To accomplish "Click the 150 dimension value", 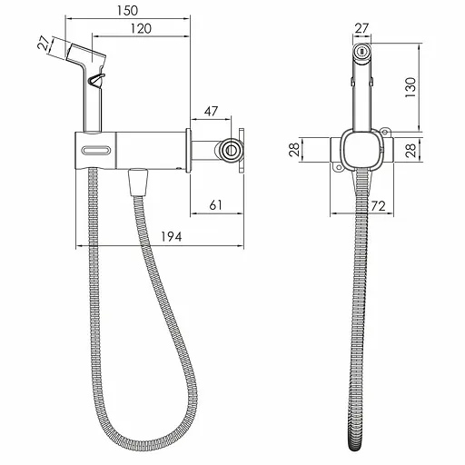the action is (x=127, y=11).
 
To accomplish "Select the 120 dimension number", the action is (x=141, y=29).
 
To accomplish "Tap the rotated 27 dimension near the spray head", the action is (x=44, y=43).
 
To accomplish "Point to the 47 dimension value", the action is (x=211, y=111).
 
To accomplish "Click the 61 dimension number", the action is (x=215, y=205).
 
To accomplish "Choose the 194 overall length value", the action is (x=172, y=237).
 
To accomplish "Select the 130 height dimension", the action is (x=411, y=87).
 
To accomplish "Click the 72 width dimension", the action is (x=378, y=206).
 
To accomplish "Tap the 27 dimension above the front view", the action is (x=361, y=28).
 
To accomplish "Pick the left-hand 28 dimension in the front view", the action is (x=294, y=149).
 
